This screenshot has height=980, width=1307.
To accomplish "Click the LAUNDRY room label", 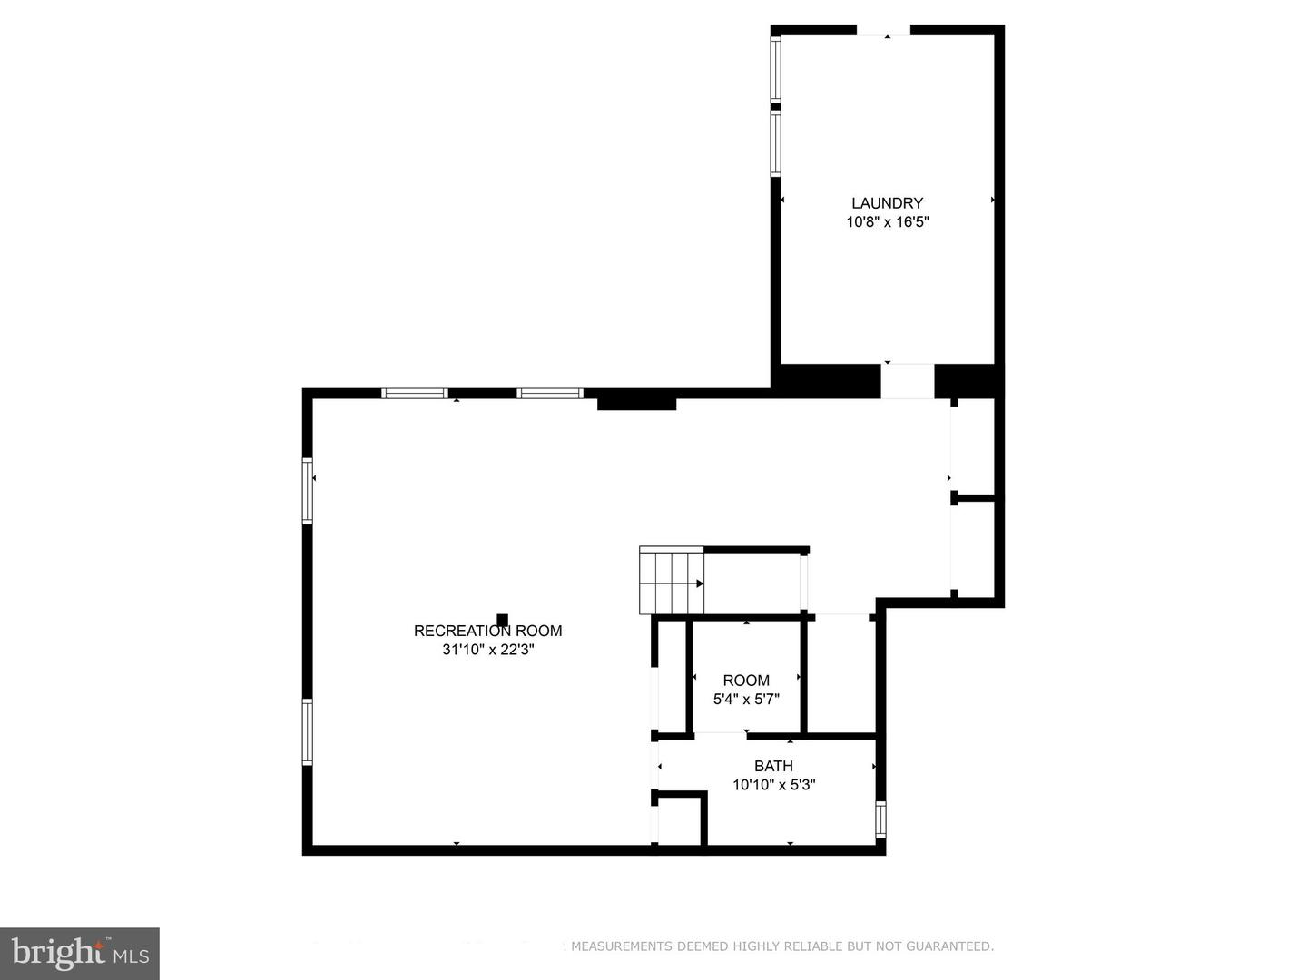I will [887, 203].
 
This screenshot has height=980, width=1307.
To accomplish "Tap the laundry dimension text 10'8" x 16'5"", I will [887, 222].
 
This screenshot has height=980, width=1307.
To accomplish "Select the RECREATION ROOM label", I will [487, 631].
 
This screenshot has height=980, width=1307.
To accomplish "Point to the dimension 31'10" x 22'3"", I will [487, 650].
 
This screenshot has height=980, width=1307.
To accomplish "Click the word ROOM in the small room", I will [746, 681].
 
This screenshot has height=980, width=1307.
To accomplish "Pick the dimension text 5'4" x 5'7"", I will [746, 700].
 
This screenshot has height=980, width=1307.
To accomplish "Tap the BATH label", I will [773, 766].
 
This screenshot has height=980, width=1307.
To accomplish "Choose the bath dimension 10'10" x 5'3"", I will [773, 785].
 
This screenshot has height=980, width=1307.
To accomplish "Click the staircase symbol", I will [672, 581].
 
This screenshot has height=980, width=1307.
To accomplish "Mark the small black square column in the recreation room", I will [502, 620].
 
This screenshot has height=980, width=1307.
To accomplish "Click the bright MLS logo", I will [80, 953].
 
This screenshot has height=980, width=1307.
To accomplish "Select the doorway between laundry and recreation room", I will [907, 381].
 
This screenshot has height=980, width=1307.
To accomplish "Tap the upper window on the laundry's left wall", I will [776, 69].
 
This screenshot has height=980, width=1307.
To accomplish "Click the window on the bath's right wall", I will [880, 818].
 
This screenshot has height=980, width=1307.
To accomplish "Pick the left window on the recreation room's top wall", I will [414, 394].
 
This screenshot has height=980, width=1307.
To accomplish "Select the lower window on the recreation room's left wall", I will [308, 731].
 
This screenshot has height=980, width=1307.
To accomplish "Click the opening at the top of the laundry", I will [883, 31].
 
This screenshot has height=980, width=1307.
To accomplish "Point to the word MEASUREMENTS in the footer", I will [622, 946].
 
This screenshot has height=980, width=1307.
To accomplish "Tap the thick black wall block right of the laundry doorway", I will [968, 381].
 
